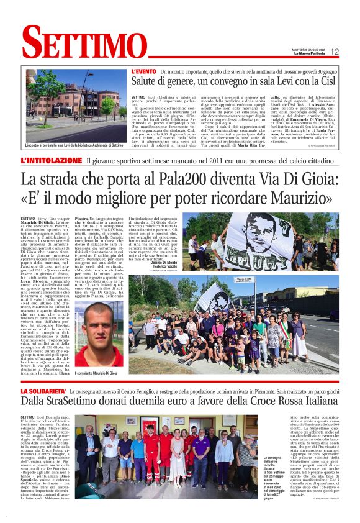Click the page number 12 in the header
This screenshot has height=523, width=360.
point(335,52)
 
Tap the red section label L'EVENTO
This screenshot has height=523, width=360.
point(144,72)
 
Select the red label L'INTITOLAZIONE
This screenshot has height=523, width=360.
point(52,161)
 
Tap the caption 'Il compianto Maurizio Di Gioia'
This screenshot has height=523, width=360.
point(96,373)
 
